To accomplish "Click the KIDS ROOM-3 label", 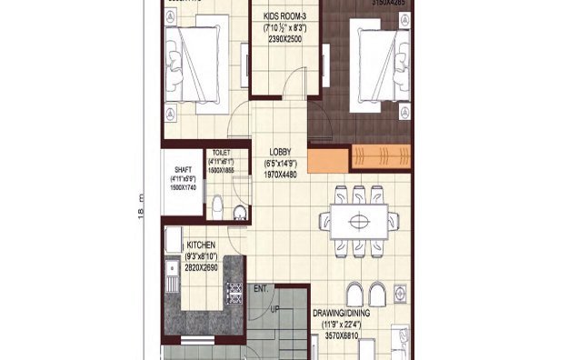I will pos(284,16).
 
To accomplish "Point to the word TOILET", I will pos(221,153).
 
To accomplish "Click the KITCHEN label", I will pos(201,245).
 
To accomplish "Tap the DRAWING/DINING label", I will pos(344,314).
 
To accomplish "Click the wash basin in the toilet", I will pos(238,215).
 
